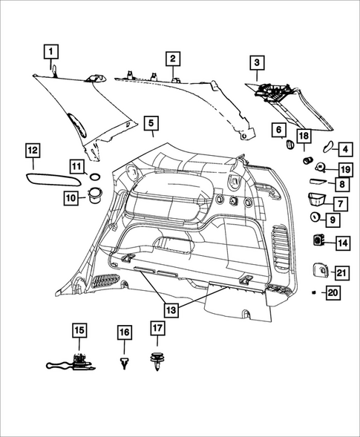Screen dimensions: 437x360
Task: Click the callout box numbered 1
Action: click(x=51, y=52)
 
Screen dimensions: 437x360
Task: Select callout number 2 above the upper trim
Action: click(x=171, y=58)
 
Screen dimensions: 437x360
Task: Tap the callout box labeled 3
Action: click(x=256, y=63)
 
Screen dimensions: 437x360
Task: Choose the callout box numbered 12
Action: click(x=33, y=150)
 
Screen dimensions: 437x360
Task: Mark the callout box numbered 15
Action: click(x=79, y=329)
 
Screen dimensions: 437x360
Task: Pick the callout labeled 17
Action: click(x=157, y=329)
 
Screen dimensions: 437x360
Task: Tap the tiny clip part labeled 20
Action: click(x=315, y=294)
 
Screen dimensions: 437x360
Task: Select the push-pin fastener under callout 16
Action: click(x=124, y=361)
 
